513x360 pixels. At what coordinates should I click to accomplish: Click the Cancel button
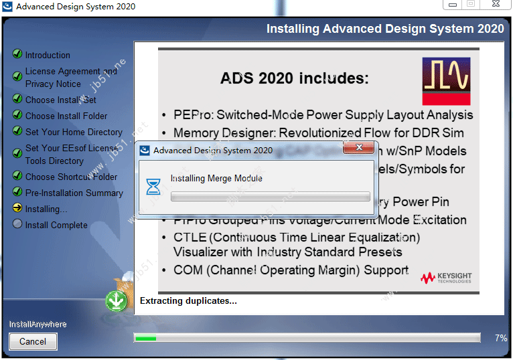[x=33, y=341]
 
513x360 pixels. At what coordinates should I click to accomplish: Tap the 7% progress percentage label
[x=500, y=339]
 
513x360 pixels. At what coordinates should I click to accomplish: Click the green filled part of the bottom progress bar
[x=145, y=339]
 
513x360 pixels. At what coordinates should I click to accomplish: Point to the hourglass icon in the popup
[x=153, y=187]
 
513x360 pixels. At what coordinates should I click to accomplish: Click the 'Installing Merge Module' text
[x=216, y=179]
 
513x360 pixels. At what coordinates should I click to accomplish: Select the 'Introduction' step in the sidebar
[x=48, y=55]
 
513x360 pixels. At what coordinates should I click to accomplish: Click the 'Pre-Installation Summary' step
[x=74, y=193]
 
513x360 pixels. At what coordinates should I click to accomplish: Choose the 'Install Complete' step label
[x=56, y=225]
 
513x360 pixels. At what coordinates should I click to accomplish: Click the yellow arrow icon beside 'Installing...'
[x=17, y=209]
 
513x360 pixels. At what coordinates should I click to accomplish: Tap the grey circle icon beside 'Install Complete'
[x=17, y=225]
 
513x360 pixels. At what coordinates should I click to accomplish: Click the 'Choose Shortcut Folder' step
[x=71, y=177]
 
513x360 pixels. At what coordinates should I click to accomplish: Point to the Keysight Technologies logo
[x=446, y=277]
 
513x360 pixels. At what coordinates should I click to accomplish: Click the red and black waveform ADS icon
[x=446, y=81]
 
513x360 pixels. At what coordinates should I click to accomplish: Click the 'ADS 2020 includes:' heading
[x=295, y=78]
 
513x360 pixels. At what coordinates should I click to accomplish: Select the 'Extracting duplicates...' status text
[x=188, y=301]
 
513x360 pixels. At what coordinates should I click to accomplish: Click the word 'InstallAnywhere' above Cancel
[x=38, y=325]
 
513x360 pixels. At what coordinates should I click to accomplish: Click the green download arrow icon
[x=117, y=302]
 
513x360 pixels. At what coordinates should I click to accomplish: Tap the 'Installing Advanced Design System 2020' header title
[x=385, y=29]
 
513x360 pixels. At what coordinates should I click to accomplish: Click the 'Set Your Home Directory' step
[x=74, y=132]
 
